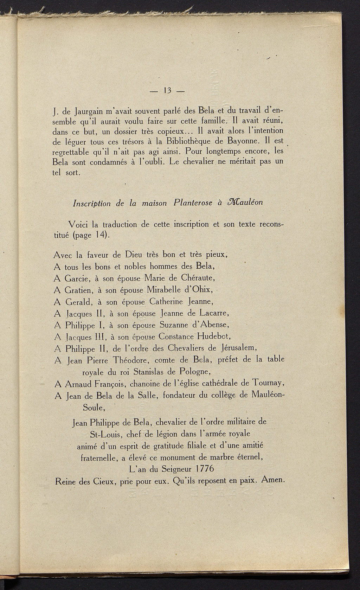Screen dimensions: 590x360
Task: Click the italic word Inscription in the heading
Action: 91,204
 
